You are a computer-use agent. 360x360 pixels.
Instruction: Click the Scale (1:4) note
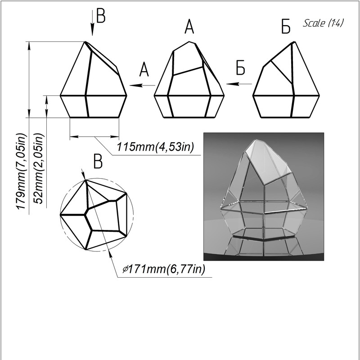[323, 23]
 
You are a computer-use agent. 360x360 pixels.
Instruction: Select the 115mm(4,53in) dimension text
[155, 147]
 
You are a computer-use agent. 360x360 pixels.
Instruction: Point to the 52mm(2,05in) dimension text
[38, 168]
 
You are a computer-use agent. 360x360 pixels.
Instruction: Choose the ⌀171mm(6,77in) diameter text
[163, 269]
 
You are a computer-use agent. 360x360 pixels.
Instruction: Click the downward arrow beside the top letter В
[92, 23]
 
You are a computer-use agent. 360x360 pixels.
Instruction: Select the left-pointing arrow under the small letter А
[142, 85]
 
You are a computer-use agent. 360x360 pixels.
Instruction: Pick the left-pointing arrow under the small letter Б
[239, 84]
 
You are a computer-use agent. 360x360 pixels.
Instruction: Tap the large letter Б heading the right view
[286, 27]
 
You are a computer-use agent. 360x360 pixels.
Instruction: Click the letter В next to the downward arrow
[101, 16]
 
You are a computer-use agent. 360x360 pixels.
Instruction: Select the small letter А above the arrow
[144, 69]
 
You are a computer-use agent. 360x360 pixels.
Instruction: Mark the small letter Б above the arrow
[241, 67]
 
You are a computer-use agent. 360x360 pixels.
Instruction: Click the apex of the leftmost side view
[85, 41]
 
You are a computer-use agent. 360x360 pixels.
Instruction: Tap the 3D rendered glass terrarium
[264, 197]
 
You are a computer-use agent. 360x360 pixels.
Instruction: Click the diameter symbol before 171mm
[125, 269]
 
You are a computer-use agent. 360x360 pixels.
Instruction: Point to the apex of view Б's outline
[294, 42]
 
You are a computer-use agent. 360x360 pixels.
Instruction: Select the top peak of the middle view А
[189, 41]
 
